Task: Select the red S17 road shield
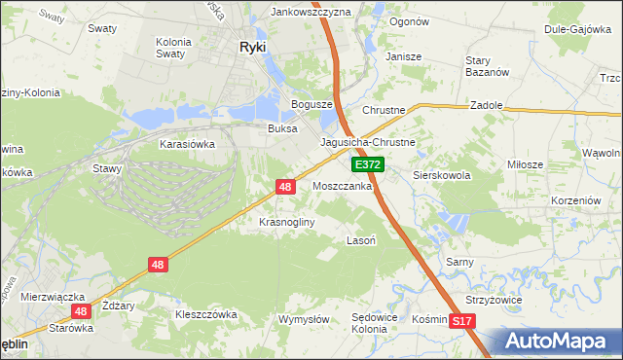(x=463, y=320)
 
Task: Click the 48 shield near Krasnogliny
(x=285, y=185)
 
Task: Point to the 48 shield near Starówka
(x=82, y=311)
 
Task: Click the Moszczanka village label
(x=342, y=185)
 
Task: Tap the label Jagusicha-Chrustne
(x=369, y=142)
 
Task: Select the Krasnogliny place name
(x=286, y=222)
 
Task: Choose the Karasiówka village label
(x=187, y=143)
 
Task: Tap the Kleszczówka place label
(x=205, y=314)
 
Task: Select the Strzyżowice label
(x=494, y=300)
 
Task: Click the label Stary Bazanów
(x=487, y=66)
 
